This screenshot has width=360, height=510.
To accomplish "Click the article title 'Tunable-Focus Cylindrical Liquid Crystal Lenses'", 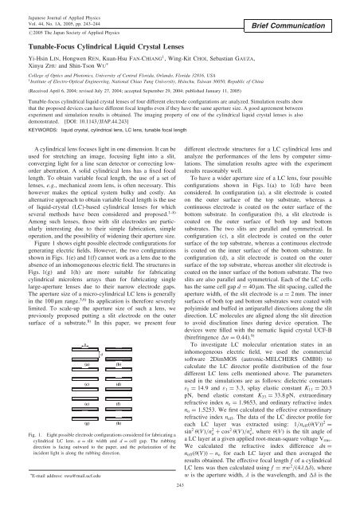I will (113, 46).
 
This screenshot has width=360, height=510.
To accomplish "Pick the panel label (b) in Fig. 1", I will (118, 363).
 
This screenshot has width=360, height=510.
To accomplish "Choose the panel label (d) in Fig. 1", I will (118, 385).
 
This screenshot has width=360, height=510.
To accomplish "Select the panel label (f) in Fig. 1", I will (118, 406).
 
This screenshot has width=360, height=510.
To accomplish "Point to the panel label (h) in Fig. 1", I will (118, 426).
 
